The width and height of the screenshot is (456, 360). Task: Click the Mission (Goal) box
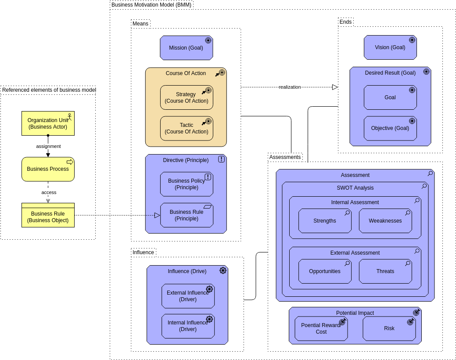click(186, 48)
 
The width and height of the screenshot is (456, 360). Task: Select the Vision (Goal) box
click(390, 47)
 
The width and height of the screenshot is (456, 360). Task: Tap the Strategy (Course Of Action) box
click(186, 97)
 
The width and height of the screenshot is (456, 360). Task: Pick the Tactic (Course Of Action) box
click(186, 128)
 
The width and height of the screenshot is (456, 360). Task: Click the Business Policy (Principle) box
click(186, 184)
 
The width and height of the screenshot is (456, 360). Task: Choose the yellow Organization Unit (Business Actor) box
click(48, 123)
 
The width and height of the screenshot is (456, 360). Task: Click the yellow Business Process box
click(48, 169)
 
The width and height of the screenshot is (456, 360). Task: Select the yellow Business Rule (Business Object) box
click(48, 217)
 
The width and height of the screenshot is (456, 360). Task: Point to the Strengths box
click(325, 221)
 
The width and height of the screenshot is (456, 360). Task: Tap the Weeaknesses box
click(385, 221)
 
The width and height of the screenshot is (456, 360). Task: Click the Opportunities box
click(325, 271)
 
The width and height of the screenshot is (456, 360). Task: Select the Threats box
click(385, 271)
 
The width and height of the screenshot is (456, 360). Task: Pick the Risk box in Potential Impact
click(389, 328)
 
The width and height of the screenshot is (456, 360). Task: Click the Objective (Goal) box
click(390, 128)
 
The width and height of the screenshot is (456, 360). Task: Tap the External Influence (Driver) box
click(187, 296)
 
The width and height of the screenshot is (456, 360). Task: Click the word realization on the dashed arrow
click(290, 87)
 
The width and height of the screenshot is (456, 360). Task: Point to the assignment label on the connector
click(48, 146)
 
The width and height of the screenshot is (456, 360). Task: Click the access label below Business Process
click(49, 192)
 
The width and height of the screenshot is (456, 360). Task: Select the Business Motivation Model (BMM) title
click(151, 5)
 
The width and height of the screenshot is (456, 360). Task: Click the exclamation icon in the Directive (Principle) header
click(221, 159)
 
